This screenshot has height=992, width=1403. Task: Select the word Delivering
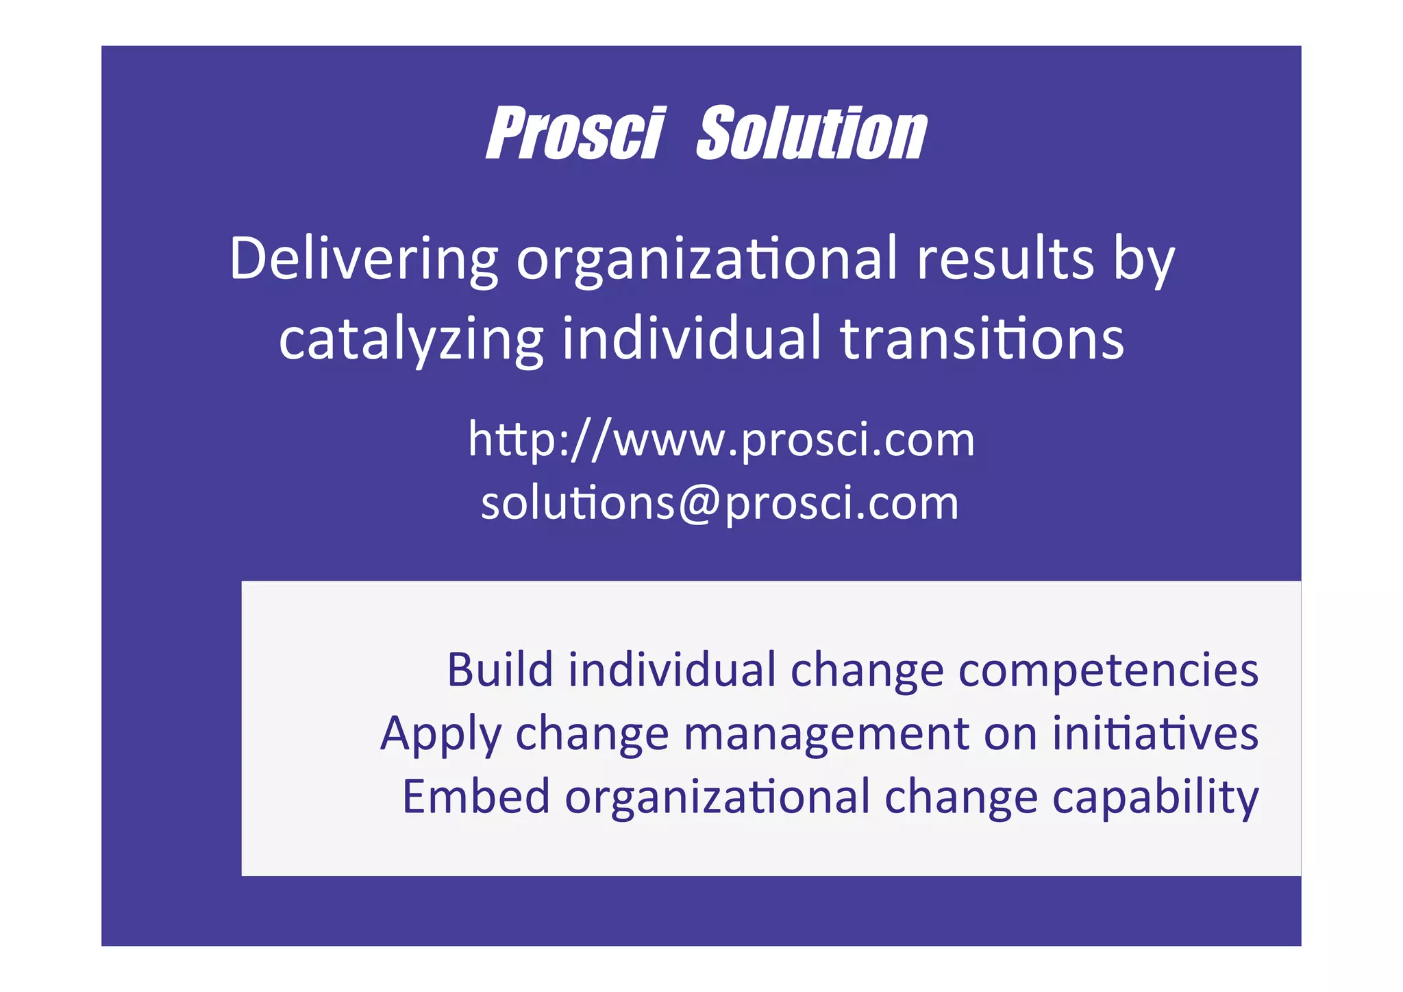point(364,258)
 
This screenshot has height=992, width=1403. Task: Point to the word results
point(1005,258)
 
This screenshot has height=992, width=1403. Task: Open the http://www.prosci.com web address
point(721,439)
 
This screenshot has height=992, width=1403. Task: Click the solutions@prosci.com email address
point(719,503)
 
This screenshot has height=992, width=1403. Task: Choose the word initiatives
point(1155,732)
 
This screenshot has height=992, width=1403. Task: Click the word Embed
point(475,796)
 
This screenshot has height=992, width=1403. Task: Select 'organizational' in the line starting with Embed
point(717,797)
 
